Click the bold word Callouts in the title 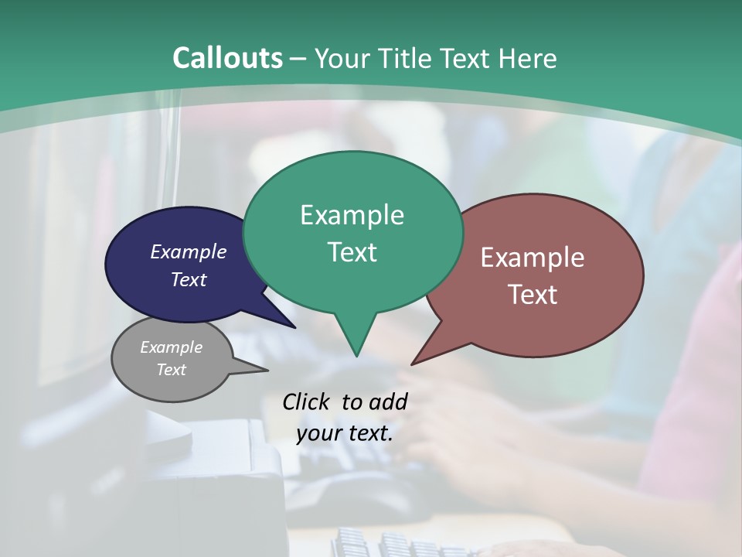click(x=227, y=58)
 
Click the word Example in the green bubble click(x=352, y=215)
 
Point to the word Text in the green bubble click(x=352, y=251)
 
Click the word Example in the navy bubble click(x=189, y=251)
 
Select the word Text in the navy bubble click(x=189, y=279)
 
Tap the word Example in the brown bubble click(x=533, y=258)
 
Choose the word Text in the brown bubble click(x=533, y=294)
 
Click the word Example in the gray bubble click(x=171, y=347)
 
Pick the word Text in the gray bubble click(x=171, y=370)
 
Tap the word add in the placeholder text click(x=390, y=402)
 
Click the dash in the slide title click(x=299, y=59)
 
